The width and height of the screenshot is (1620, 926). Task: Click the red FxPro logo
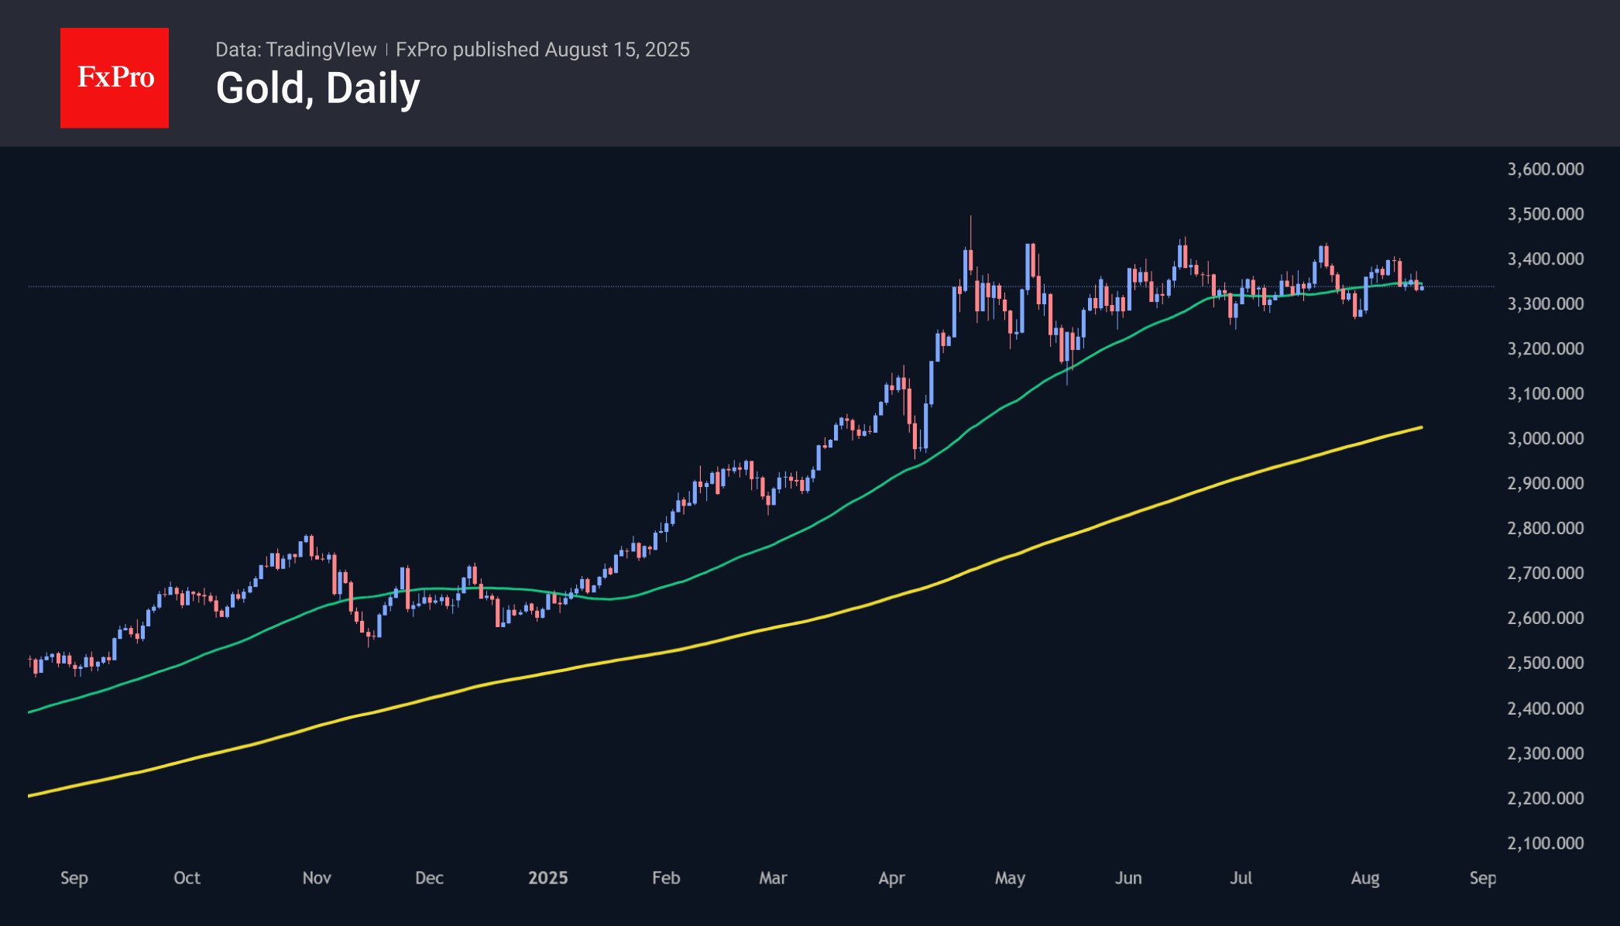pos(115,77)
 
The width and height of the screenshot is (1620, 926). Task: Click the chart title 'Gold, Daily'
pos(317,88)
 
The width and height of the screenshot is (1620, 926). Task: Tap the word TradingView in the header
pos(321,50)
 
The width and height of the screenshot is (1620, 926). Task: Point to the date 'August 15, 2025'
pos(616,50)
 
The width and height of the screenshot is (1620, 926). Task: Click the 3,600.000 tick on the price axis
pos(1545,169)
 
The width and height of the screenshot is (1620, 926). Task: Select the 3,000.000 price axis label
pos(1545,438)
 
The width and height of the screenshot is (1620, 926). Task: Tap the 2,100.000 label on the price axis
pos(1545,843)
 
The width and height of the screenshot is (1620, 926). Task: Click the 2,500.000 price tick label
pos(1545,663)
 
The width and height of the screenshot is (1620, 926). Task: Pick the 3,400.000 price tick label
pos(1545,259)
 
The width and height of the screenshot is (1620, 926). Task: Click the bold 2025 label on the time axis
pos(547,878)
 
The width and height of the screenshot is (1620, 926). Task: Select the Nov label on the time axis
pos(317,878)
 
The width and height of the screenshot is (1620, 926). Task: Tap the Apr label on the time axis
pos(891,878)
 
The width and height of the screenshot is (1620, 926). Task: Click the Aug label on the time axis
pos(1364,878)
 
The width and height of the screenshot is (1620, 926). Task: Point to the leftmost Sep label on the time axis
pos(74,878)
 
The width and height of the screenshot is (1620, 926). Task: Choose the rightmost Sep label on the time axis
pos(1482,878)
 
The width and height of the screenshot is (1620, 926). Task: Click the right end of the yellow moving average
pos(1420,427)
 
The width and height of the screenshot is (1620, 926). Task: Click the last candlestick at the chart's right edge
pos(1422,287)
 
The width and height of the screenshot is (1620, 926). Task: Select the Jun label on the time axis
pos(1128,878)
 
